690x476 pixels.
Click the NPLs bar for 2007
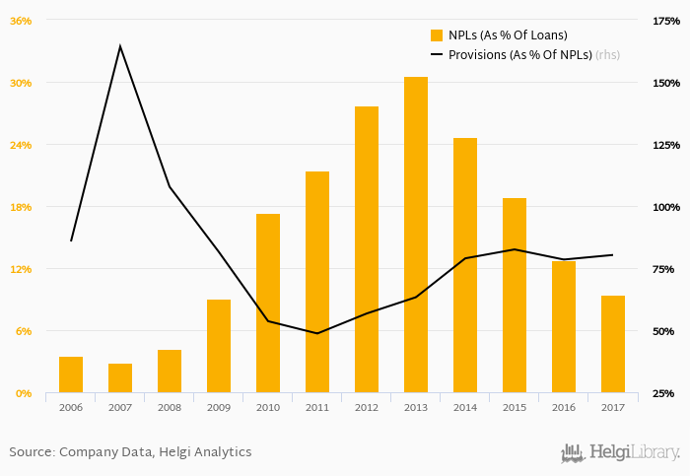point(120,378)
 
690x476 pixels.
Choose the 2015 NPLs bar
point(515,296)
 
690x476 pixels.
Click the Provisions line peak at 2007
point(120,46)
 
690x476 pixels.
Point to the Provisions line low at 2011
point(317,333)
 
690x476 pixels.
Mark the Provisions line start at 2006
point(71,240)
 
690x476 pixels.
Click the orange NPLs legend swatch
point(437,35)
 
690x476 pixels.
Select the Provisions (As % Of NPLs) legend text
point(519,55)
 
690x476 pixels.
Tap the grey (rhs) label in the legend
point(608,55)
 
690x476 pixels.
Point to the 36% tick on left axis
point(21,21)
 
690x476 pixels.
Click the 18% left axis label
point(21,207)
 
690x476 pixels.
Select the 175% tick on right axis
point(667,21)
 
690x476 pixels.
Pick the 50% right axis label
point(667,331)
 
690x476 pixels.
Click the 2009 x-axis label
point(219,407)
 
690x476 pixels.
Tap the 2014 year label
point(465,407)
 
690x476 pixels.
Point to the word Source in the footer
point(31,452)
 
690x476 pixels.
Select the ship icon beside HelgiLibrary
point(573,452)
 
